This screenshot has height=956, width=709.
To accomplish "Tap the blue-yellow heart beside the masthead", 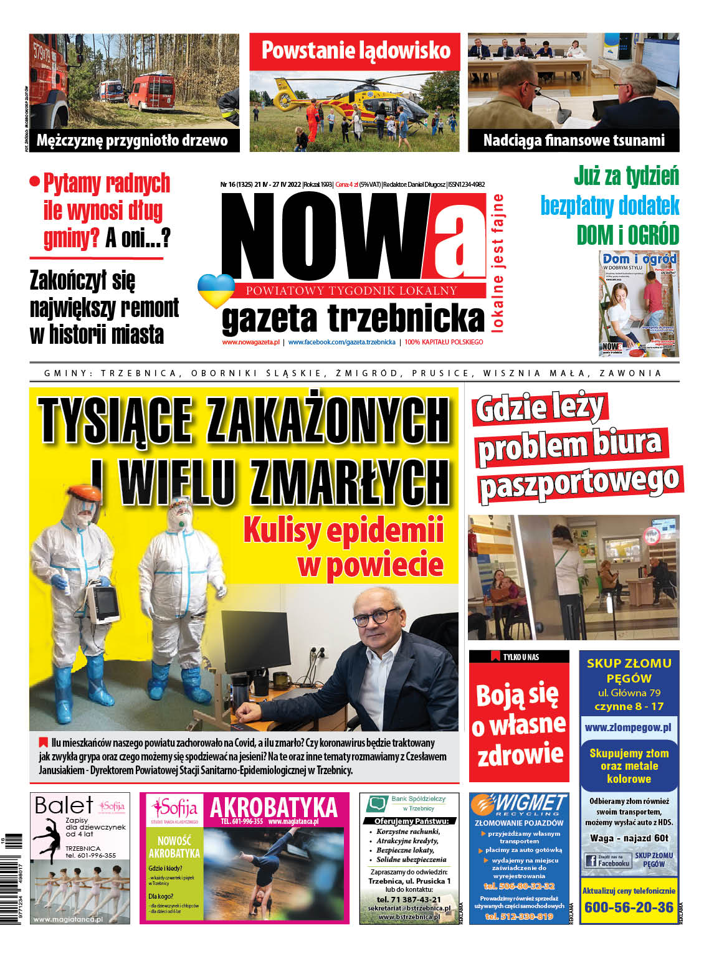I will click(x=216, y=290).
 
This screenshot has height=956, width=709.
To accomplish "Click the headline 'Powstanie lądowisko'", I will click(x=355, y=50).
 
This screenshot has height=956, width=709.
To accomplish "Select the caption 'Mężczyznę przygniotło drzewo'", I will click(x=132, y=140).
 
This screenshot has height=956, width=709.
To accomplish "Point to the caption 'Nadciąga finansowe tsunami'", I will click(x=573, y=140).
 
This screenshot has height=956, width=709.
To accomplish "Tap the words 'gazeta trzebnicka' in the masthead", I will click(x=353, y=318).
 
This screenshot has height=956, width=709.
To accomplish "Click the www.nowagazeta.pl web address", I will click(x=250, y=342).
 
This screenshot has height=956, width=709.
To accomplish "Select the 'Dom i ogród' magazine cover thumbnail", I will click(x=639, y=304).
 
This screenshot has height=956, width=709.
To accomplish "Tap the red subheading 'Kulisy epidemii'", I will click(x=343, y=530).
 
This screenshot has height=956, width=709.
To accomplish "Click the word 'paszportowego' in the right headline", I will click(x=579, y=483).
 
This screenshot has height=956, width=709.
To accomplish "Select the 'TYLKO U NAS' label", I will click(x=520, y=656).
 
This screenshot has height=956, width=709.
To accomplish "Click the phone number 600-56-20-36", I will click(x=629, y=907).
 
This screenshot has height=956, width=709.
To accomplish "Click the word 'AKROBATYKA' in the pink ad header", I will click(x=274, y=808).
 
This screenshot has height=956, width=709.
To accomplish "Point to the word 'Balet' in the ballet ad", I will click(x=64, y=805).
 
